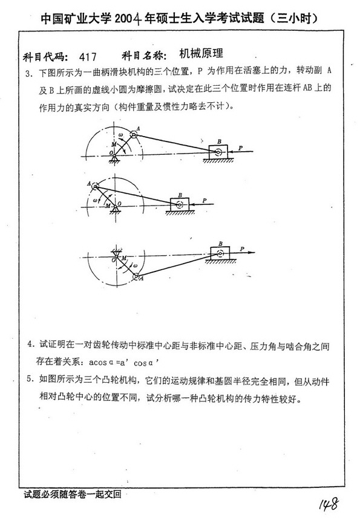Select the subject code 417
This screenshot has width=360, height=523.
tap(88, 57)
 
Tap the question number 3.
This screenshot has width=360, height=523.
tap(28, 74)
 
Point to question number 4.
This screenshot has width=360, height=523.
tap(30, 345)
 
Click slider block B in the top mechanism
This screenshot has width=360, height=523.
tap(218, 152)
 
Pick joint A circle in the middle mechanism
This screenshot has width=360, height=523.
tap(96, 185)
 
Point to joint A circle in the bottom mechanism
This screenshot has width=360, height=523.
tap(137, 276)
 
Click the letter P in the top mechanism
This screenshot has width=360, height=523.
tap(241, 147)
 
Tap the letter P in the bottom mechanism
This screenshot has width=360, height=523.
tap(242, 247)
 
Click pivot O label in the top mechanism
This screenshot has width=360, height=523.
tap(111, 154)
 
